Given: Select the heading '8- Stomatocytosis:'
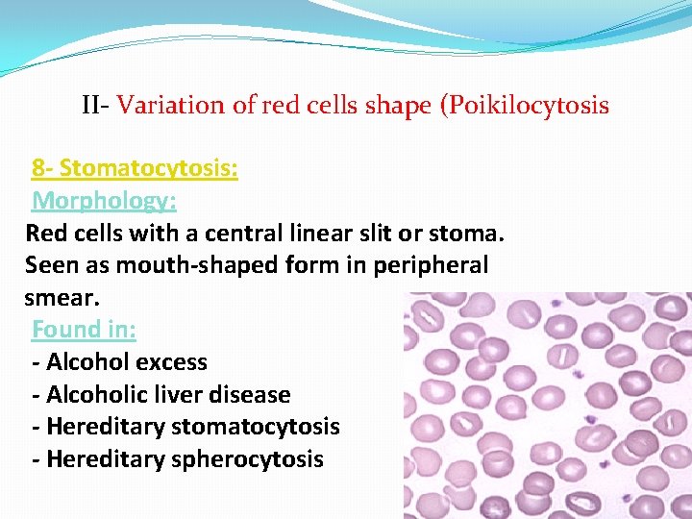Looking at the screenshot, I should point(135,169).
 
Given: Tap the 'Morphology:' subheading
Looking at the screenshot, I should point(104,201).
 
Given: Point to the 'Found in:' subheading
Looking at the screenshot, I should point(84,329).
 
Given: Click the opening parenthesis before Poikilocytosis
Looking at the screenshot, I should point(444,105).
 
